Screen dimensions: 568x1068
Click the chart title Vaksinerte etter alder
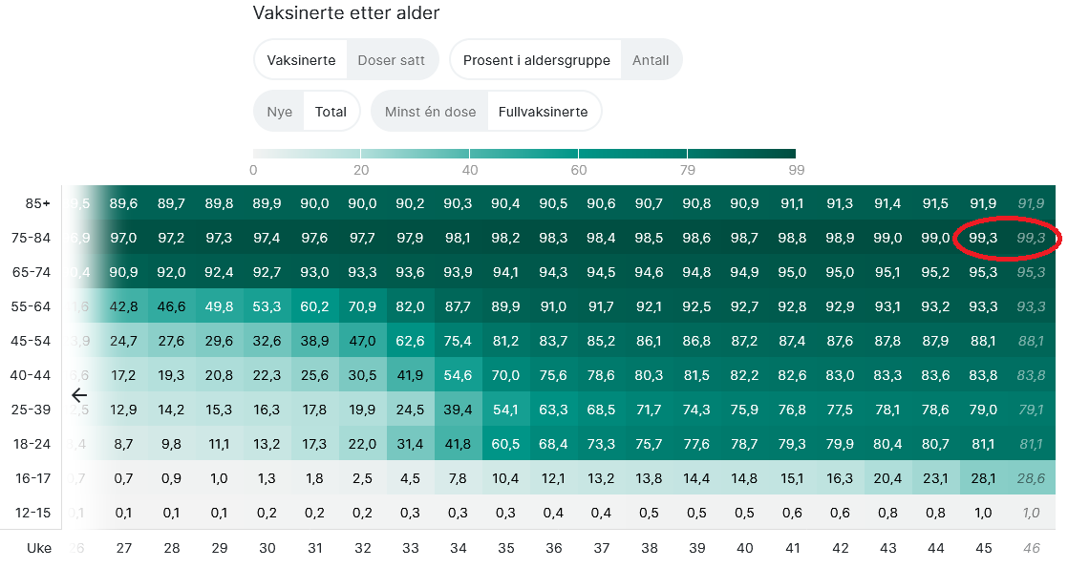pos(346,13)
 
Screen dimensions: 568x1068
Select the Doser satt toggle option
pos(391,60)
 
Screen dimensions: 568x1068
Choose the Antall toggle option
pos(651,60)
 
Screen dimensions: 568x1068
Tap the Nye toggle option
pos(280,112)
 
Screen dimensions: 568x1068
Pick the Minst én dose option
pos(430,112)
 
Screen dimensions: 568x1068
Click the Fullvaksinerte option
pos(543,112)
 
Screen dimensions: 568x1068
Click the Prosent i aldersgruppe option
pos(536,60)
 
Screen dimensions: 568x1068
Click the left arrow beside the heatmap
pos(79,394)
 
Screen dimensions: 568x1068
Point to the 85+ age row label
pos(38,203)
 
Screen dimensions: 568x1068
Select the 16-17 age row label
pos(33,478)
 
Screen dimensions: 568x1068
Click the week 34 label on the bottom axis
pos(459,548)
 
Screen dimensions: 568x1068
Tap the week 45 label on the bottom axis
pos(983,548)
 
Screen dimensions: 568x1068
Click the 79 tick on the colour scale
pos(687,170)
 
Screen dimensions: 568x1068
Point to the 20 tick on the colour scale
pos(361,170)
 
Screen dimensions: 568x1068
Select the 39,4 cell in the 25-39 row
pos(459,410)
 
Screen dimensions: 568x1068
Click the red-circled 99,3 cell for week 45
pos(983,238)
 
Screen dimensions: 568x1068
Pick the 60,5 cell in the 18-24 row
pos(506,444)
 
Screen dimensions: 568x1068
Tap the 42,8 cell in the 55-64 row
pos(124,306)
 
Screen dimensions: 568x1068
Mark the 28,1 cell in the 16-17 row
pos(983,478)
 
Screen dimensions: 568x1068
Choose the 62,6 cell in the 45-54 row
pos(411,341)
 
